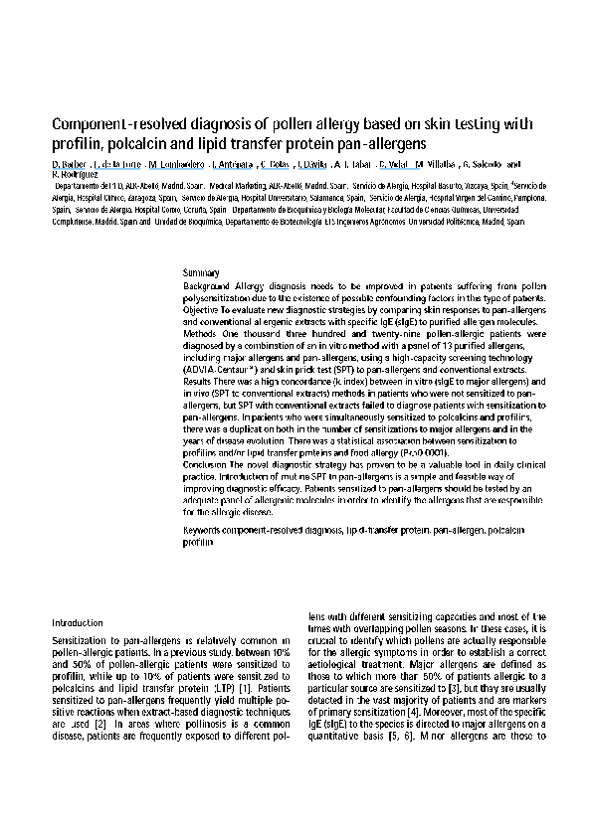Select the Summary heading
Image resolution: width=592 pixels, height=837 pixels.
pyautogui.click(x=202, y=272)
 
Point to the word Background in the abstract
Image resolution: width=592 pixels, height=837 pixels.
pyautogui.click(x=207, y=285)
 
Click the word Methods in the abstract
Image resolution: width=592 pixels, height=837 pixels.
pyautogui.click(x=202, y=334)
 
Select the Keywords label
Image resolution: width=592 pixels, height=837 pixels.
pyautogui.click(x=207, y=532)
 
